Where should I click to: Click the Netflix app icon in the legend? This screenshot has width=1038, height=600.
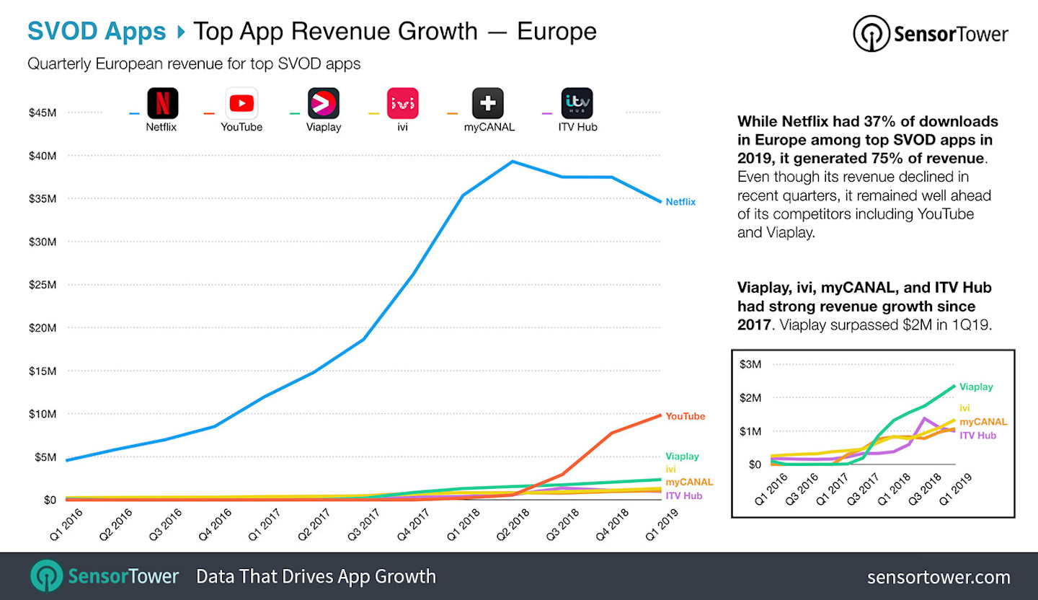pyautogui.click(x=162, y=103)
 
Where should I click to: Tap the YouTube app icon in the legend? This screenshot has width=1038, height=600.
pyautogui.click(x=241, y=103)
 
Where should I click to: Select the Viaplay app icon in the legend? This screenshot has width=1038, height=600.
pyautogui.click(x=323, y=103)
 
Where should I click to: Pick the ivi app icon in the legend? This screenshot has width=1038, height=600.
pyautogui.click(x=402, y=103)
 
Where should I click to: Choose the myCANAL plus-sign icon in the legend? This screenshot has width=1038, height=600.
pyautogui.click(x=487, y=103)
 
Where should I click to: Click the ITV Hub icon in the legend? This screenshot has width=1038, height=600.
pyautogui.click(x=577, y=103)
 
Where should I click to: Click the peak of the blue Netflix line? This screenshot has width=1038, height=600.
pyautogui.click(x=512, y=162)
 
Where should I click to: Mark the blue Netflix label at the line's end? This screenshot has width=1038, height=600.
pyautogui.click(x=680, y=202)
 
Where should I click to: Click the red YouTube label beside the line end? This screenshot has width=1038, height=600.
pyautogui.click(x=685, y=416)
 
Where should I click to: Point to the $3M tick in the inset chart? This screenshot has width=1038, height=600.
pyautogui.click(x=750, y=364)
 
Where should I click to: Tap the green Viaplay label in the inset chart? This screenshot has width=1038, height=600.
pyautogui.click(x=976, y=387)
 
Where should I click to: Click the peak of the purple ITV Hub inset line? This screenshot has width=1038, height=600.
pyautogui.click(x=925, y=418)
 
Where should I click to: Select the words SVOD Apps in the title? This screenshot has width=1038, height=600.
pyautogui.click(x=97, y=32)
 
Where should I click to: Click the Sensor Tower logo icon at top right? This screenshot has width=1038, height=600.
pyautogui.click(x=870, y=34)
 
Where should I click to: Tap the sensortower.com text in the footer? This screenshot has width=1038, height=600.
pyautogui.click(x=938, y=577)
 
